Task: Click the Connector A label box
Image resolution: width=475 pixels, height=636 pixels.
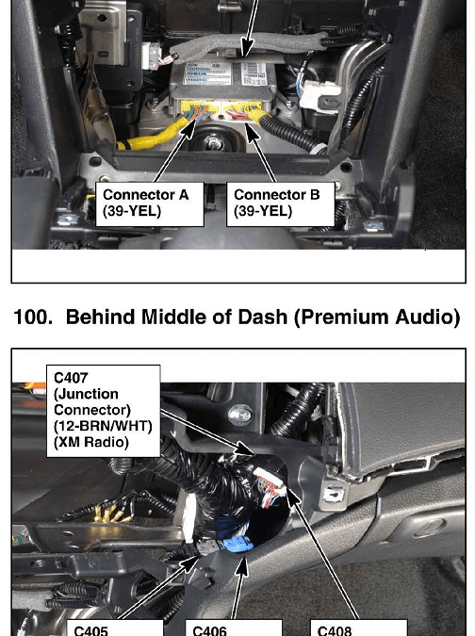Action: pyautogui.click(x=149, y=204)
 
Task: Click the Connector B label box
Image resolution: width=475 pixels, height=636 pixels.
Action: pyautogui.click(x=281, y=204)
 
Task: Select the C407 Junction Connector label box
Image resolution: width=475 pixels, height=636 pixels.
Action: pyautogui.click(x=104, y=411)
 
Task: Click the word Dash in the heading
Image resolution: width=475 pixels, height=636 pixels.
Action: pyautogui.click(x=262, y=317)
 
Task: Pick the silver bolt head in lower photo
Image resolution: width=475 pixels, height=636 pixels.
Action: pyautogui.click(x=240, y=415)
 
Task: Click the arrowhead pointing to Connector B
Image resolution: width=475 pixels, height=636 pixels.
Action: pyautogui.click(x=252, y=133)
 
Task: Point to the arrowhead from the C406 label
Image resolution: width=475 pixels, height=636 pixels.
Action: pyautogui.click(x=242, y=566)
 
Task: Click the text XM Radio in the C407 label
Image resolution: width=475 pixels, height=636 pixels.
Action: pyautogui.click(x=90, y=442)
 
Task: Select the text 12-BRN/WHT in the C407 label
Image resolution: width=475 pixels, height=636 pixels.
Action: pyautogui.click(x=103, y=426)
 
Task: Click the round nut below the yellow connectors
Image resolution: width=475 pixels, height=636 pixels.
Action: pyautogui.click(x=213, y=143)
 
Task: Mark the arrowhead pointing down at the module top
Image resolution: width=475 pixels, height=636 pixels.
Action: pyautogui.click(x=246, y=48)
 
